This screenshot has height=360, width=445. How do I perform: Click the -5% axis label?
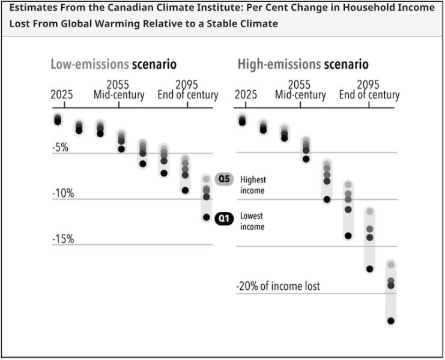[x=60, y=148]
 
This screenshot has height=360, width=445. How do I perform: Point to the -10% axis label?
[x=62, y=193]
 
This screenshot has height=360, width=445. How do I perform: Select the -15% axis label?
[x=62, y=239]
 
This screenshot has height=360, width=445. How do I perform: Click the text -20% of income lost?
[x=277, y=286]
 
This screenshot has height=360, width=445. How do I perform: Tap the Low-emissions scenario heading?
[x=113, y=64]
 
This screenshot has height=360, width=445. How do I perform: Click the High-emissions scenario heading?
[x=303, y=64]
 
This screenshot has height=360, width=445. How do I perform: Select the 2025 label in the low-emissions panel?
[x=62, y=95]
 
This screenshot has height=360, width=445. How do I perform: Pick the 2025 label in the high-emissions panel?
[x=245, y=95]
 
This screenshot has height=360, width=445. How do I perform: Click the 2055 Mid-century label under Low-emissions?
[x=119, y=90]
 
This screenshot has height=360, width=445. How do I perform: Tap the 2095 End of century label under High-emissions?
[x=369, y=90]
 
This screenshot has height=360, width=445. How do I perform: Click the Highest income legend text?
[x=253, y=185]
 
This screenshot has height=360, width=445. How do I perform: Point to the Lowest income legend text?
[x=252, y=221]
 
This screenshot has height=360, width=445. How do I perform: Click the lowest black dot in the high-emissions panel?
[x=391, y=321]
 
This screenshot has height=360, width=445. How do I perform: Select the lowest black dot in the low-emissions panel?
[x=206, y=217]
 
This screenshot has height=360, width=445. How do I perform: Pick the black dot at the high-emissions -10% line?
[x=327, y=199]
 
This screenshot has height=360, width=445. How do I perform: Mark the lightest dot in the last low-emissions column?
[x=206, y=179]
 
